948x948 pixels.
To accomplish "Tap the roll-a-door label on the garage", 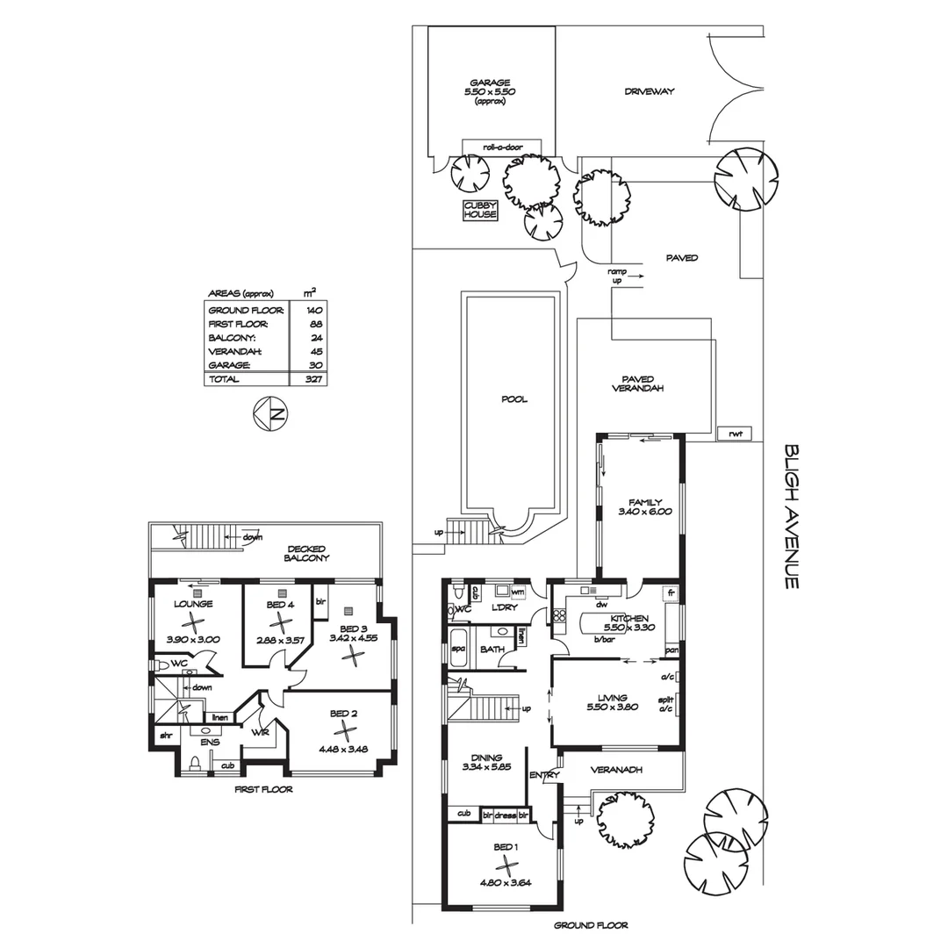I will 501,147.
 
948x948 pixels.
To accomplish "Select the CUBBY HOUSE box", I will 480,210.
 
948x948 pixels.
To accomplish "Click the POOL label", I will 513,399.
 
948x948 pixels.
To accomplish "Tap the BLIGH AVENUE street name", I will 792,515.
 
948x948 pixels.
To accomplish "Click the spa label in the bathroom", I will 457,649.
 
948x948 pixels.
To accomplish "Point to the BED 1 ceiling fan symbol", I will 500,868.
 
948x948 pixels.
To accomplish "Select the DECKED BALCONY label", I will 306,552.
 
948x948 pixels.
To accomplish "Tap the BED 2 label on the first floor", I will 343,714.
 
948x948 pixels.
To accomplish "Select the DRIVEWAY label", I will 649,91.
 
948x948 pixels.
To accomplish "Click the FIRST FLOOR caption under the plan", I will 263,789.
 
